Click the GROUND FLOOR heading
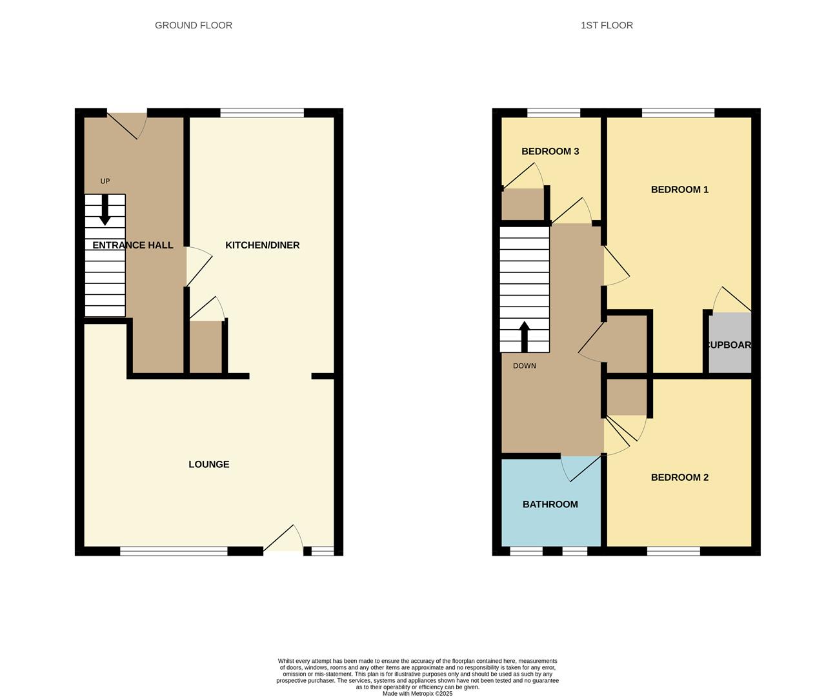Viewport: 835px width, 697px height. (x=194, y=25)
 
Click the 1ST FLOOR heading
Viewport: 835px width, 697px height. (x=607, y=25)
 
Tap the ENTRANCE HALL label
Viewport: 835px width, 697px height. (x=133, y=245)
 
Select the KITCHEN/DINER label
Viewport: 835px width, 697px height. (x=262, y=245)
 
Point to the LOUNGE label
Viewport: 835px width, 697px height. (x=208, y=464)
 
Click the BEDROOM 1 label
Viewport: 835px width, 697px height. (x=679, y=189)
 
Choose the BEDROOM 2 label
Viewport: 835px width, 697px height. (x=679, y=477)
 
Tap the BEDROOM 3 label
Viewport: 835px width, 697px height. (x=550, y=151)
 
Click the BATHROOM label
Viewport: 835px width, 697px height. (x=550, y=504)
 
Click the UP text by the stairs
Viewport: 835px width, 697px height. (x=105, y=181)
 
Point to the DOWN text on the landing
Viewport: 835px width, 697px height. (x=524, y=366)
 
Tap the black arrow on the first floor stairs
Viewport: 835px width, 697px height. (x=524, y=336)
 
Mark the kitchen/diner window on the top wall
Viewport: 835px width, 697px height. (x=262, y=113)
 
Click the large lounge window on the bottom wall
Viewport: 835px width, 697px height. (x=174, y=551)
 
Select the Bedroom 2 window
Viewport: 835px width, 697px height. (x=673, y=551)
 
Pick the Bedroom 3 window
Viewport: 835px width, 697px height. (x=554, y=113)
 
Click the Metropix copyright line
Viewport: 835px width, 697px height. (x=417, y=694)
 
